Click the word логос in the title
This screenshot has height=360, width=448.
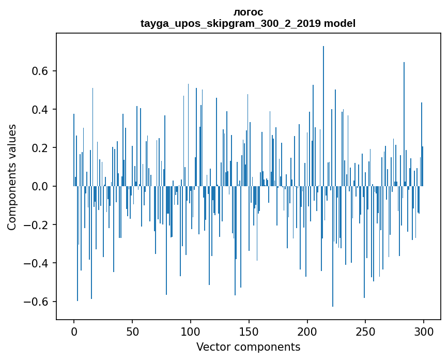click(x=248, y=12)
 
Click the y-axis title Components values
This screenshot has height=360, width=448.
click(x=12, y=177)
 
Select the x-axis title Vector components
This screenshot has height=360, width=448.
click(x=248, y=347)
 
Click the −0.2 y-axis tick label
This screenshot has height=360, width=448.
click(x=36, y=225)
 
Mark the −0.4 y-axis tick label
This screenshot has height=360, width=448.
click(x=36, y=263)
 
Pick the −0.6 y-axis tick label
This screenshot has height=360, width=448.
click(x=36, y=302)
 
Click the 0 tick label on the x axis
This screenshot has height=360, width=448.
click(x=74, y=331)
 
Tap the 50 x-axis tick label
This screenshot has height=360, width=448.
click(x=132, y=331)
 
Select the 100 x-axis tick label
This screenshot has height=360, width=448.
click(x=191, y=331)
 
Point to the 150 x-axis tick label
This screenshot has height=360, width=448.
click(x=249, y=331)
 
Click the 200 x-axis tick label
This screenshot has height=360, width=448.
click(x=307, y=331)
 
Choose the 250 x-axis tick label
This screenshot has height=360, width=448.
click(x=365, y=331)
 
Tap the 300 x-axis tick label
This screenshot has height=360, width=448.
click(x=424, y=331)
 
